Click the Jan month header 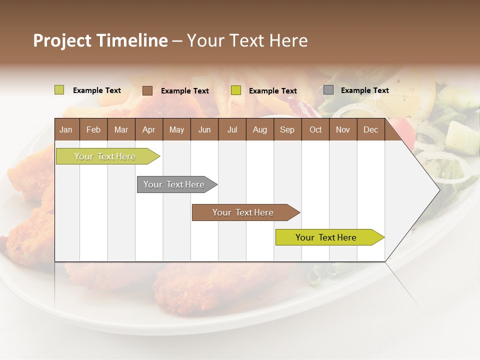[66, 129]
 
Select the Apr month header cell [149, 129]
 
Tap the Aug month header [260, 129]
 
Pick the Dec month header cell [371, 129]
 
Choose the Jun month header [204, 129]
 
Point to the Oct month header [315, 129]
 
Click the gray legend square [328, 90]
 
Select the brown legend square [147, 90]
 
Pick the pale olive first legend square [59, 90]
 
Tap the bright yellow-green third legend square [236, 90]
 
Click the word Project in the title [62, 40]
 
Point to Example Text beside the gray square [364, 90]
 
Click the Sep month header [287, 129]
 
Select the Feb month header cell [93, 129]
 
